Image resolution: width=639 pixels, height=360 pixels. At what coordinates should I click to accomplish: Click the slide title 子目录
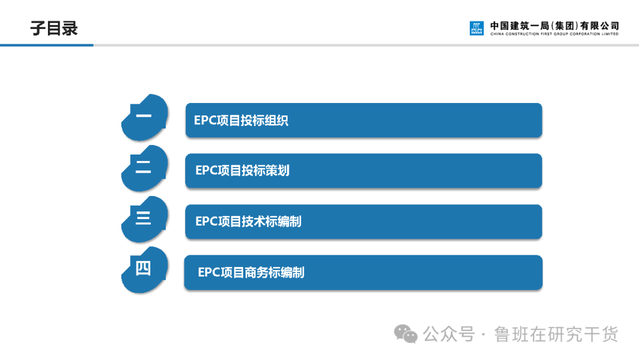[x=54, y=28]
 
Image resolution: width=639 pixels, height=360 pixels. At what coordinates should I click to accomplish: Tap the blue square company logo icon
[x=476, y=28]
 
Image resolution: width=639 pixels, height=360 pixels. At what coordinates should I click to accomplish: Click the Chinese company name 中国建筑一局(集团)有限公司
[x=554, y=25]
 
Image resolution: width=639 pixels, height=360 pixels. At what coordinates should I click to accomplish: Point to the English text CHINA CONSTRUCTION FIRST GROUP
[x=554, y=34]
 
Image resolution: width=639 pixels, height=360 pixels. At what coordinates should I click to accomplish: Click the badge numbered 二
[x=144, y=168]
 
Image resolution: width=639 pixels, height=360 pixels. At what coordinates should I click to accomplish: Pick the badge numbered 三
[x=144, y=218]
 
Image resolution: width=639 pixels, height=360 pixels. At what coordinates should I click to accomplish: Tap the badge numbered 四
[x=144, y=269]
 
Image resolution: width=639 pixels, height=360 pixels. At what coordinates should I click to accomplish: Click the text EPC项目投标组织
[x=241, y=121]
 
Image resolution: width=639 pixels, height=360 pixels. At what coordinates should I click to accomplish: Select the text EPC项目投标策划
[x=243, y=171]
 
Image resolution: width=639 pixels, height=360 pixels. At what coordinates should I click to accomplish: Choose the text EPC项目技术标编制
[x=248, y=221]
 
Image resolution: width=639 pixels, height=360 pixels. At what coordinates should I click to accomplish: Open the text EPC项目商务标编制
[x=251, y=272]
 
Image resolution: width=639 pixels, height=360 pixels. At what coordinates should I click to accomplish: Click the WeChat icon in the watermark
[x=406, y=334]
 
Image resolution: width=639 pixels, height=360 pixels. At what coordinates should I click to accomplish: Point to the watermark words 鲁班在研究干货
[x=556, y=335]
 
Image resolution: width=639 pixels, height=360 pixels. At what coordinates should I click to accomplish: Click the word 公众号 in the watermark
[x=449, y=335]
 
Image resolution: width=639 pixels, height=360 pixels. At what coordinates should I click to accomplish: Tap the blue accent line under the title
[x=47, y=45]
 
